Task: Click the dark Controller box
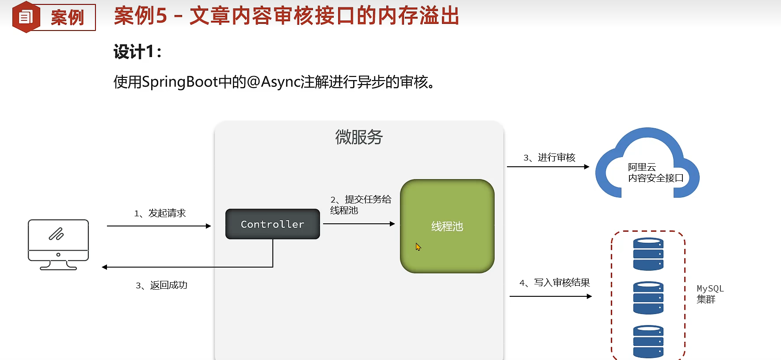click(x=272, y=224)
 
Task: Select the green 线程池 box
click(x=447, y=226)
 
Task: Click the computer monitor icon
click(x=58, y=244)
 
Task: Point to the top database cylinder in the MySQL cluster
click(x=648, y=254)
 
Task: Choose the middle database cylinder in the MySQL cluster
click(x=648, y=298)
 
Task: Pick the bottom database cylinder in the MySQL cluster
click(x=648, y=341)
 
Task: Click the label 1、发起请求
click(x=160, y=213)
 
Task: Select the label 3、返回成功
click(x=161, y=285)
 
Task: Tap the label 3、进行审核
click(x=549, y=157)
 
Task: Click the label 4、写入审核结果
click(x=555, y=283)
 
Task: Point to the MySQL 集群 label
click(x=709, y=294)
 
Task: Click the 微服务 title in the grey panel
click(x=358, y=137)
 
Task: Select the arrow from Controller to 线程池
click(x=358, y=224)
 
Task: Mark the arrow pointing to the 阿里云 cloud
click(x=548, y=167)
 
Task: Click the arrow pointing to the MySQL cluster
click(x=550, y=296)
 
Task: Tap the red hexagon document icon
click(x=26, y=17)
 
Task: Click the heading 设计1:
click(x=137, y=52)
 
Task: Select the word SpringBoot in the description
click(x=180, y=82)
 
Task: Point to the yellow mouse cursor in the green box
click(x=418, y=247)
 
